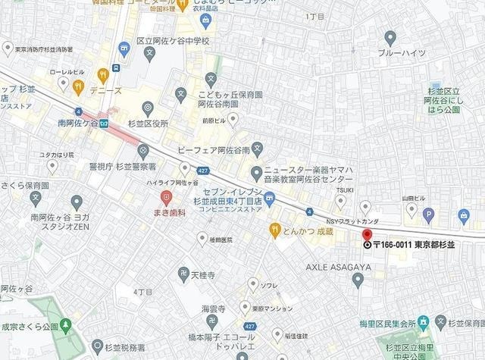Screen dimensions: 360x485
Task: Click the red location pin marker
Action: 368,235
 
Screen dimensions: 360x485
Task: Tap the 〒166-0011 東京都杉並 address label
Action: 410,245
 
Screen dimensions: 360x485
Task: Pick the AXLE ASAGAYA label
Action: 339,267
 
